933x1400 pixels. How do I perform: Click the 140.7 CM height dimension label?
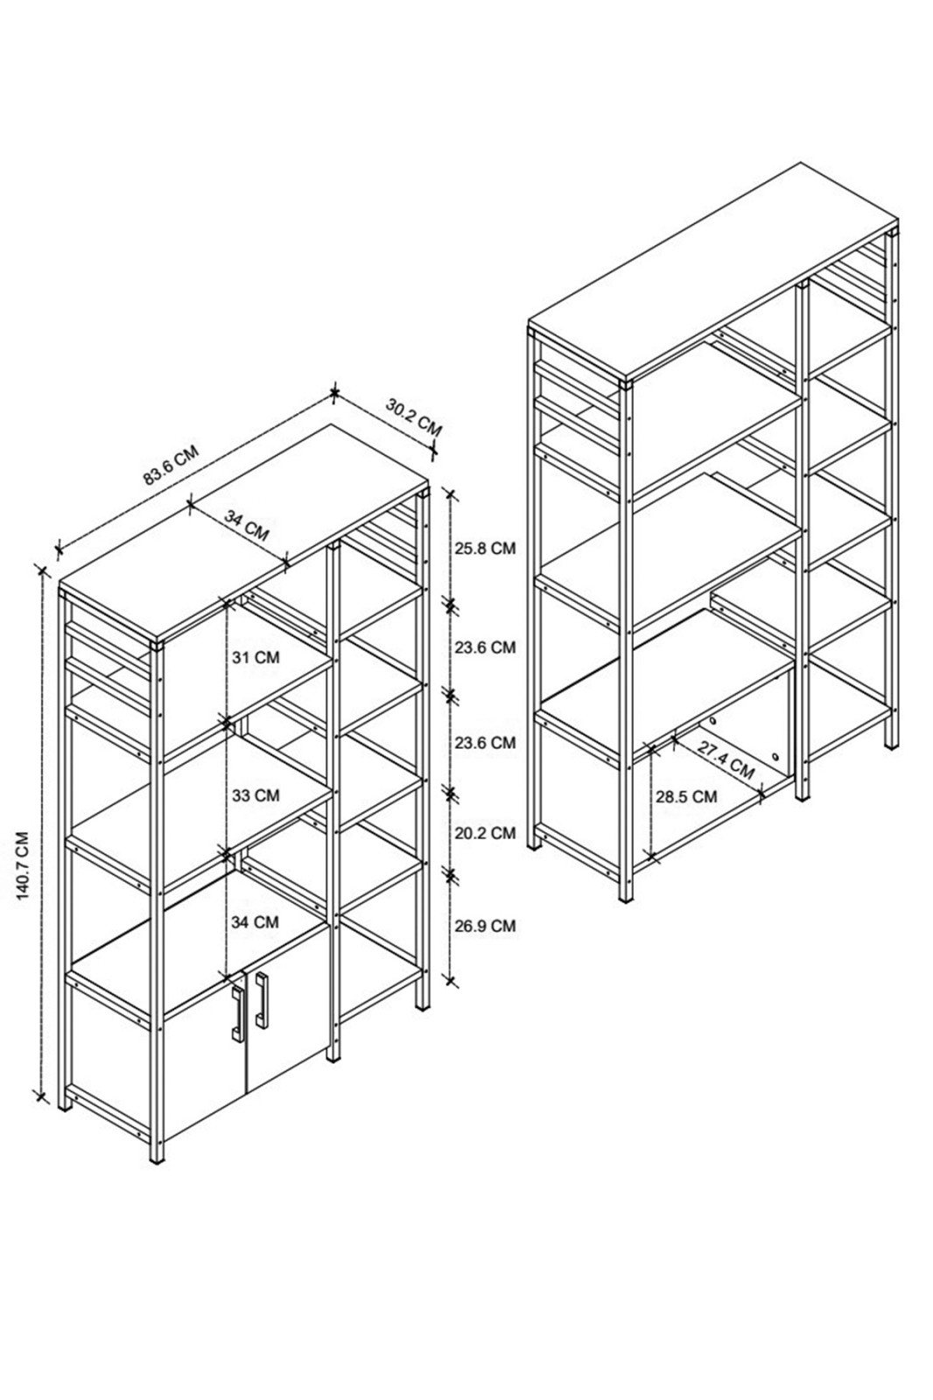point(23,865)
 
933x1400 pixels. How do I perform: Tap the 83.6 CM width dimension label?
point(172,465)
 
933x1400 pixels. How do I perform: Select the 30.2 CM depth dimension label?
point(413,416)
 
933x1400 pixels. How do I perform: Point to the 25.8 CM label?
point(485,548)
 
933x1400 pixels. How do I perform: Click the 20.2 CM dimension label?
point(485,832)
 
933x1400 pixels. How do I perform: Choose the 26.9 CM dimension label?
point(485,925)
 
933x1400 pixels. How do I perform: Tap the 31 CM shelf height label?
point(256,657)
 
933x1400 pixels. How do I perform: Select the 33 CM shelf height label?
point(256,795)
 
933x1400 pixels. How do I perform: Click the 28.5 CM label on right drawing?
point(686,796)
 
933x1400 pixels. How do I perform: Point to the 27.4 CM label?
point(726,761)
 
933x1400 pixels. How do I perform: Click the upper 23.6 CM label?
point(485,647)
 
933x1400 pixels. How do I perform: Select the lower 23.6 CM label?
point(485,743)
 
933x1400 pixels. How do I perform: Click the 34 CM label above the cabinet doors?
point(256,921)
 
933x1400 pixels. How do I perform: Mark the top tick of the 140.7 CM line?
point(42,570)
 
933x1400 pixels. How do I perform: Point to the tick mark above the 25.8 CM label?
point(451,493)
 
